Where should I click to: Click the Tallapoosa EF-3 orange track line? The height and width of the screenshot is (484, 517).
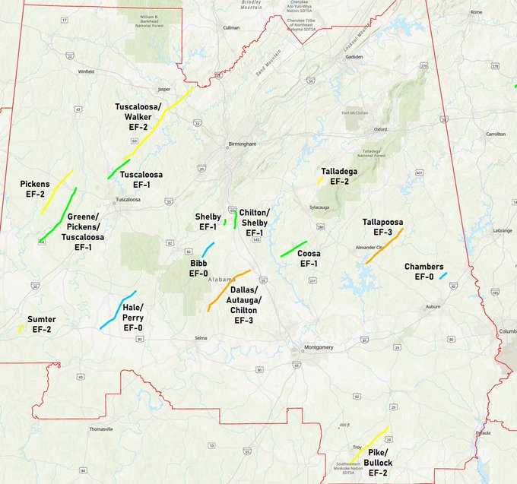tap(384, 251)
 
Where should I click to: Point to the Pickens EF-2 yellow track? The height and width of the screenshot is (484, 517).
tap(57, 191)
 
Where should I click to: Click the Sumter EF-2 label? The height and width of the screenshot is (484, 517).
tap(41, 324)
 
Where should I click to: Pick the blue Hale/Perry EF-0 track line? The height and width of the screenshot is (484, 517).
tap(118, 310)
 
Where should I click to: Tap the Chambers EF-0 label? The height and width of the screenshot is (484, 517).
tap(423, 271)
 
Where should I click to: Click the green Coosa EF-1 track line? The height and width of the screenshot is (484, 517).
tap(293, 248)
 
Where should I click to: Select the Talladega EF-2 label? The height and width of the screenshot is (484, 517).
tap(339, 176)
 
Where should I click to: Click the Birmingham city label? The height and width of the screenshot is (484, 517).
tap(243, 144)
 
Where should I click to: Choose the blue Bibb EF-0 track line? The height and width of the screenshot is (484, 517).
tap(208, 248)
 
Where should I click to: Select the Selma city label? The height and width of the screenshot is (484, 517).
tap(201, 337)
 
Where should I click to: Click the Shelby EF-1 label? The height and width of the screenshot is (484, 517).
tap(208, 221)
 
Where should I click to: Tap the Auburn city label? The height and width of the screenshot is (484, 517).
tap(433, 306)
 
